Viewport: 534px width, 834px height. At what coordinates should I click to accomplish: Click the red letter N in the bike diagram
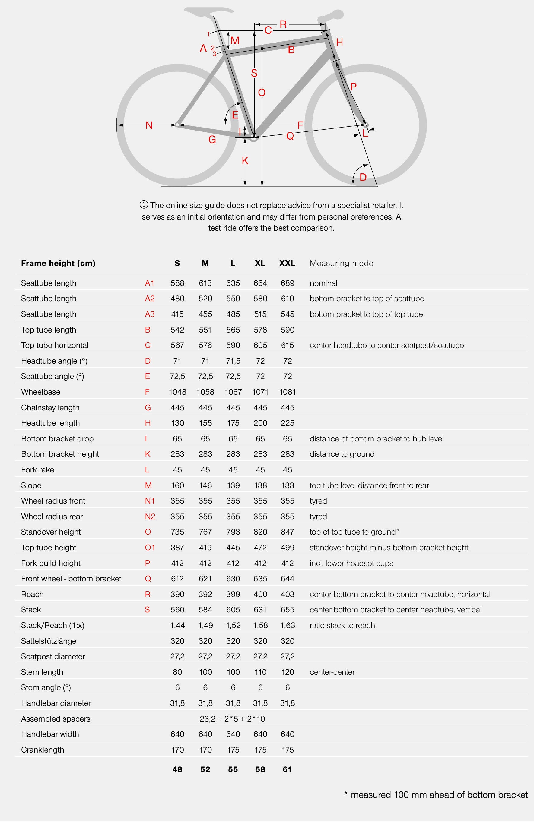click(x=149, y=125)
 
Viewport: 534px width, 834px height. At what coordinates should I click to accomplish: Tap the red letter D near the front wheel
click(x=363, y=177)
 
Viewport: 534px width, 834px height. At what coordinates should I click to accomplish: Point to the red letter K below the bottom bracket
click(x=245, y=161)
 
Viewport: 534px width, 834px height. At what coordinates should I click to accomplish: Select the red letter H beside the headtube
click(x=339, y=42)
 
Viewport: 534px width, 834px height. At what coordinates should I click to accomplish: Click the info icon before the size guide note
click(x=144, y=204)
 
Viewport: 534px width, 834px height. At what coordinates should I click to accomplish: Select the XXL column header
click(x=287, y=263)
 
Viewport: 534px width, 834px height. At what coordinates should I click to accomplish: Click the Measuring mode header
click(x=341, y=263)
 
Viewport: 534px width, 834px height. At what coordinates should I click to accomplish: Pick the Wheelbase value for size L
click(x=233, y=392)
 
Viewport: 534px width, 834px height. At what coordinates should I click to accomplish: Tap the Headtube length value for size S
click(x=177, y=423)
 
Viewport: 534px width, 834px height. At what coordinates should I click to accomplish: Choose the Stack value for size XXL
click(x=287, y=610)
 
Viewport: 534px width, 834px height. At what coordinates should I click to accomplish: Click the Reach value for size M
click(x=205, y=594)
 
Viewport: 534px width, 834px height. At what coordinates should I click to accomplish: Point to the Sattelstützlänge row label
click(x=49, y=641)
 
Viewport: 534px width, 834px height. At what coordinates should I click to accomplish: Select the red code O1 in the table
click(x=150, y=548)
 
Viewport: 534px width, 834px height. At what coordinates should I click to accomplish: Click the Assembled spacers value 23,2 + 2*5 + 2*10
click(x=232, y=719)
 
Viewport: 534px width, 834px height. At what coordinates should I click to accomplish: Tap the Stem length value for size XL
click(x=260, y=672)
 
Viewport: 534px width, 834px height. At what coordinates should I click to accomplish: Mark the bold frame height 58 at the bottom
click(x=260, y=769)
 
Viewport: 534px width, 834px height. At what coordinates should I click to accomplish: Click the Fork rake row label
click(x=37, y=470)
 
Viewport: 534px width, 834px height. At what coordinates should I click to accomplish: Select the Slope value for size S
click(x=177, y=485)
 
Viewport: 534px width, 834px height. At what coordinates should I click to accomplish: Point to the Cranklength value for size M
click(x=205, y=750)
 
